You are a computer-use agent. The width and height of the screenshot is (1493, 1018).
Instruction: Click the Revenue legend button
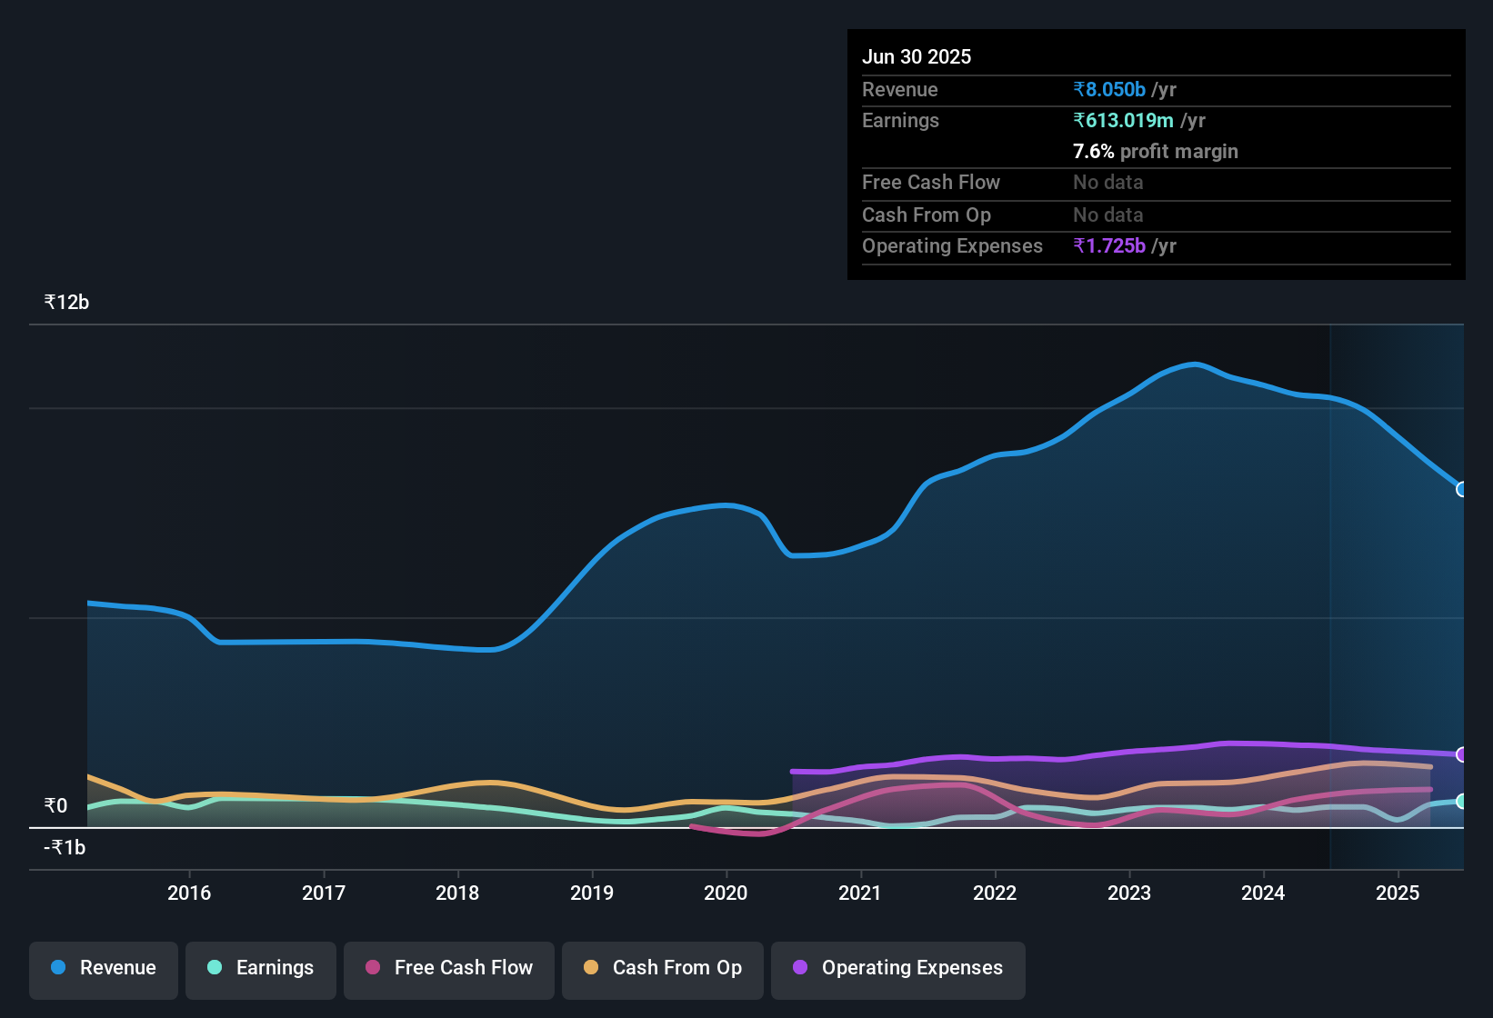pyautogui.click(x=104, y=969)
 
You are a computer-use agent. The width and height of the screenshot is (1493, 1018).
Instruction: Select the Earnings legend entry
pyautogui.click(x=261, y=969)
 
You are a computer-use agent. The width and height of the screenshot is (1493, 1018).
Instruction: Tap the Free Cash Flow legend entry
pyautogui.click(x=449, y=969)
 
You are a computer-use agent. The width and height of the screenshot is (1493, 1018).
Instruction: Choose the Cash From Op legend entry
pyautogui.click(x=663, y=969)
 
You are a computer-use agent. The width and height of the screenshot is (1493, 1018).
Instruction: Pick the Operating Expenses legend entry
pyautogui.click(x=898, y=969)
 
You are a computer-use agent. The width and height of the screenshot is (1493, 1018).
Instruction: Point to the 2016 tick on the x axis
pyautogui.click(x=189, y=893)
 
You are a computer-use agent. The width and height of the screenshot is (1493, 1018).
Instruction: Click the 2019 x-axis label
pyautogui.click(x=592, y=893)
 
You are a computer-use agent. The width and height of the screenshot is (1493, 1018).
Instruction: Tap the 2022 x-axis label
pyautogui.click(x=995, y=893)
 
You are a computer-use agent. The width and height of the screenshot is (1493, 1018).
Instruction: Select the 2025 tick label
pyautogui.click(x=1398, y=893)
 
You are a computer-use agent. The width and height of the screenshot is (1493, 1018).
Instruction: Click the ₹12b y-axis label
pyautogui.click(x=66, y=303)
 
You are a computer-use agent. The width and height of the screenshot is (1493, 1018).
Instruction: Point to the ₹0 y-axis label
pyautogui.click(x=56, y=806)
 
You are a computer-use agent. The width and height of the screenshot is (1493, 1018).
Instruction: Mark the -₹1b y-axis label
pyautogui.click(x=65, y=848)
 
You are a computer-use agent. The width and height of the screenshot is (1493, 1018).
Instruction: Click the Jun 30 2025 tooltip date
pyautogui.click(x=917, y=56)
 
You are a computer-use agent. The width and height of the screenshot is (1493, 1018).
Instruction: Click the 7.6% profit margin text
pyautogui.click(x=1156, y=151)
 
